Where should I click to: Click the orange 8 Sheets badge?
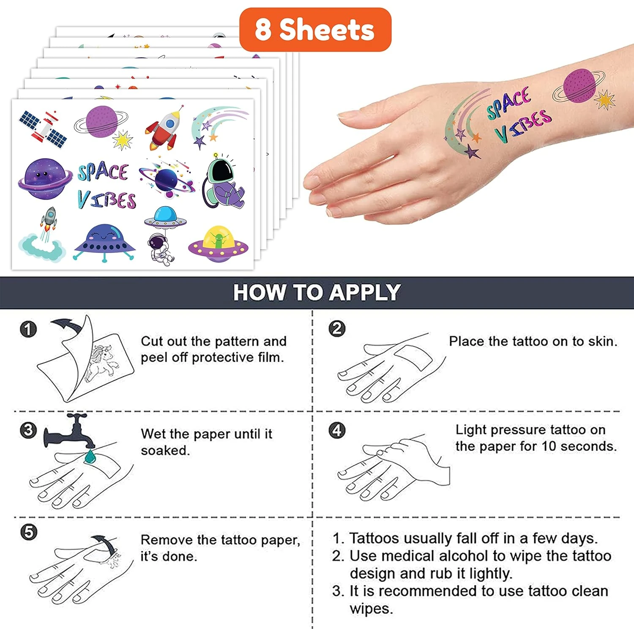(x=315, y=30)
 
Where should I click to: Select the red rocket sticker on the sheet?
(x=165, y=128)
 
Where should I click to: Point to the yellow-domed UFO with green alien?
(x=218, y=244)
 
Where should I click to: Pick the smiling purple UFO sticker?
(x=104, y=243)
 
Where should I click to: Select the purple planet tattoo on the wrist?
(x=579, y=86)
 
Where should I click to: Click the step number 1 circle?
(x=28, y=329)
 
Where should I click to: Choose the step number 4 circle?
(x=337, y=430)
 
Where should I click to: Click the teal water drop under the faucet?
(x=90, y=456)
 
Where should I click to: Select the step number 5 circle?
(x=29, y=532)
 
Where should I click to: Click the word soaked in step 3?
(x=164, y=450)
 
